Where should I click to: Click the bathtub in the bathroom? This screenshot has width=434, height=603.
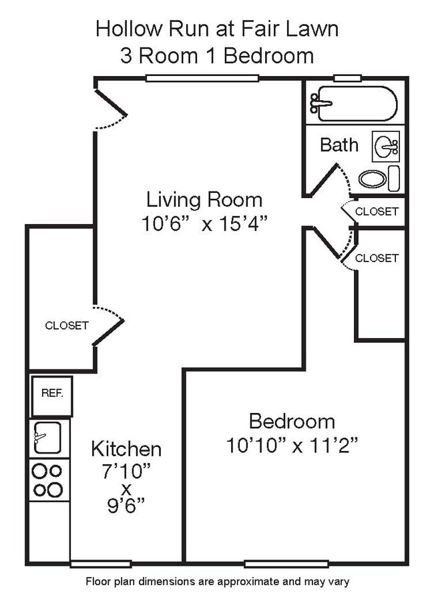coord(355,103)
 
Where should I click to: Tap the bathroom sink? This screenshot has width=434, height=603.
coord(387,147)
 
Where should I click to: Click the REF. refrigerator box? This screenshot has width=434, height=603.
coord(51,394)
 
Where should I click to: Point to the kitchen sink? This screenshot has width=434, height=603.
coord(47,438)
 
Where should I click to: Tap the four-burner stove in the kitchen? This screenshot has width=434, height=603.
coord(47,480)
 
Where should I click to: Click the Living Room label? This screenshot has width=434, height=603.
coord(204,199)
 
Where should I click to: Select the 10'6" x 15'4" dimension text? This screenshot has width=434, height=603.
coord(204,223)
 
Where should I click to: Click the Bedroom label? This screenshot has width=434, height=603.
coord(292,421)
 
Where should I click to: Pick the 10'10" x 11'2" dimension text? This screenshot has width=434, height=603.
coord(292,445)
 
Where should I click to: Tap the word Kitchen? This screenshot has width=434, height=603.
coord(126,448)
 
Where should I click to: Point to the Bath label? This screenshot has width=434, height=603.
coord(339,145)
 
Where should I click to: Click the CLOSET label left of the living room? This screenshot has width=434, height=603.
coord(67,326)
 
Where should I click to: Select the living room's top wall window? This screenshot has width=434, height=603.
coord(202,78)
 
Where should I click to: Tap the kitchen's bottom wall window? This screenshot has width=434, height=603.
coord(101,564)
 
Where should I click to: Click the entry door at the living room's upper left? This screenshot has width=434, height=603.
coord(110,107)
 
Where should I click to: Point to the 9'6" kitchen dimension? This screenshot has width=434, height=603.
coord(126,505)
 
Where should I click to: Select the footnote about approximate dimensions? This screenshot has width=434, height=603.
coord(217,582)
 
